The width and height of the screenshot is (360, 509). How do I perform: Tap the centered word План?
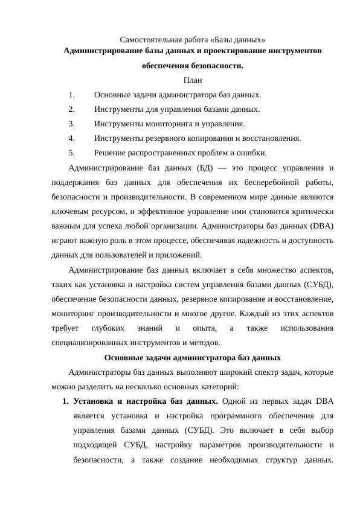click(192, 80)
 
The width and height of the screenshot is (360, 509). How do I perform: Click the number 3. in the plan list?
click(72, 124)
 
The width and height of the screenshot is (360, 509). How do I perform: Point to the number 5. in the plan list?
click(72, 152)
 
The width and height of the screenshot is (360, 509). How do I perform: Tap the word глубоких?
click(108, 328)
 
